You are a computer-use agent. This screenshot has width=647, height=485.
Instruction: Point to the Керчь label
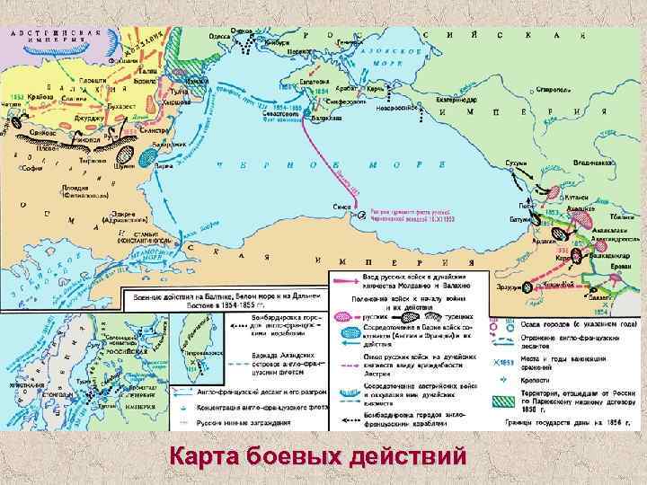(377, 90)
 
